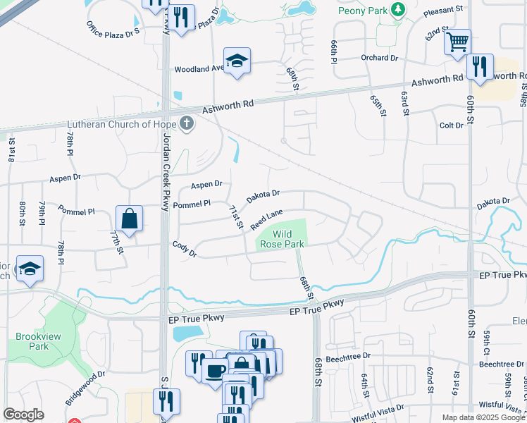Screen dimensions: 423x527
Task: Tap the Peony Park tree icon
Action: pyautogui.click(x=399, y=9)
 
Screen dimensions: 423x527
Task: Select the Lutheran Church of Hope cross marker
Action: pyautogui.click(x=186, y=124)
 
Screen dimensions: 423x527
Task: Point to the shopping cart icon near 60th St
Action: pyautogui.click(x=457, y=43)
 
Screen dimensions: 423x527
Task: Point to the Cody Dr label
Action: pyautogui.click(x=185, y=248)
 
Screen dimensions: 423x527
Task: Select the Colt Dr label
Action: pyautogui.click(x=451, y=125)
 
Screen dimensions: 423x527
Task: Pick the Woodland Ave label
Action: pyautogui.click(x=199, y=69)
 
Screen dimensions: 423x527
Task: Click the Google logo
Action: pyautogui.click(x=23, y=415)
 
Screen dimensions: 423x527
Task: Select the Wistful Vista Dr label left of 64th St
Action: pyautogui.click(x=379, y=412)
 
